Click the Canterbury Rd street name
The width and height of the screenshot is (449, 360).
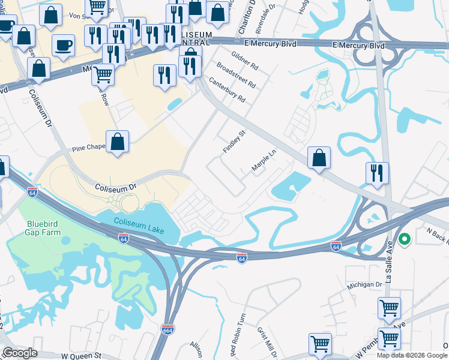coord(227,89)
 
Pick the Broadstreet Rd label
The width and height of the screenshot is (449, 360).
coord(235,74)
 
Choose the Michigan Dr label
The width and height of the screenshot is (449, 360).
coord(363,285)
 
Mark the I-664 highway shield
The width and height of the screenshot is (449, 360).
coord(167,329)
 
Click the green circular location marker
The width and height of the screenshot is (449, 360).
coord(405,240)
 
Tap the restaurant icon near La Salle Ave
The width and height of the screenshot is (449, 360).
coord(377,172)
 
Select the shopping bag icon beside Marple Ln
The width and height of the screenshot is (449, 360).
coord(319,157)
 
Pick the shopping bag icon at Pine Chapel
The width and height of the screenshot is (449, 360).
coord(118,142)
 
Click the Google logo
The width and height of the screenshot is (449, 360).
coord(19,353)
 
